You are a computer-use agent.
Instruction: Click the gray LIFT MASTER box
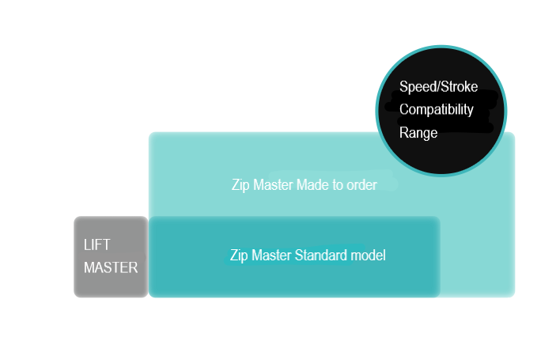tap(111, 257)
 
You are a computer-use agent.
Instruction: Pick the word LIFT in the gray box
tap(97, 245)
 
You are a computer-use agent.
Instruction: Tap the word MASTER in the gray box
tap(111, 267)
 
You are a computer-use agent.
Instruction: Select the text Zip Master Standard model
tap(307, 256)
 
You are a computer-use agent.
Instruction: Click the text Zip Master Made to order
tap(304, 185)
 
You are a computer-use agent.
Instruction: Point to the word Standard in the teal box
tap(320, 256)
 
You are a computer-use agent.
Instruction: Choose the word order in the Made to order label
tap(361, 185)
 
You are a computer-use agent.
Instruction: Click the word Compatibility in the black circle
tap(437, 109)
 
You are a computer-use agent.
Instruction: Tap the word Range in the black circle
tap(418, 132)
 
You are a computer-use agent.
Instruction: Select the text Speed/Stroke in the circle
tap(438, 86)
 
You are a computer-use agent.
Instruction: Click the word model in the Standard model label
tap(369, 256)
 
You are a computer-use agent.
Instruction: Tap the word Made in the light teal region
tap(311, 185)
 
